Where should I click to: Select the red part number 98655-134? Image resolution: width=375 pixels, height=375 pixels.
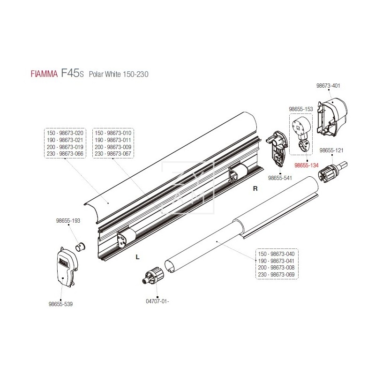pos(306,165)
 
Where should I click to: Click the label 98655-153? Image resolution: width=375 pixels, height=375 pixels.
pos(301,109)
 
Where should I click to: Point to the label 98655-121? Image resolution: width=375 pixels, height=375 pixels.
pos(331,150)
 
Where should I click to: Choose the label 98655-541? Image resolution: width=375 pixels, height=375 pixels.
pos(279,178)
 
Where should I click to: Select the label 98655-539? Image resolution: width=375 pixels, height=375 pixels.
pos(61,304)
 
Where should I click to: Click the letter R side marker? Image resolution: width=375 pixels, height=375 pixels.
pos(255,189)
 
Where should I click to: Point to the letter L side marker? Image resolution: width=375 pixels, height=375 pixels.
pos(137,257)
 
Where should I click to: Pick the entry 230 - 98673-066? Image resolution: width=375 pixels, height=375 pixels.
pos(65,154)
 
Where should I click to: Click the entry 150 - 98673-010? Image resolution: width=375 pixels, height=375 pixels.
pos(113,133)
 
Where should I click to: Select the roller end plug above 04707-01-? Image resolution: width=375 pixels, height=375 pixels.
pos(154,276)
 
